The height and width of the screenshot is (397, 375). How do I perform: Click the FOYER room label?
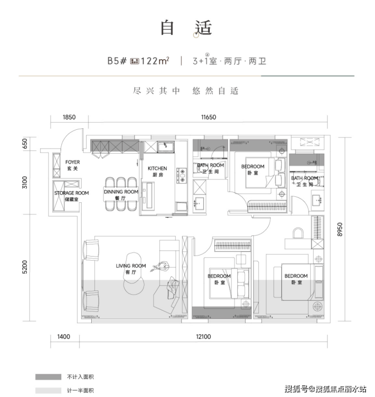[x=72, y=162]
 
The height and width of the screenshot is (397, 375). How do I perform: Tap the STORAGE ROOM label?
[x=71, y=193]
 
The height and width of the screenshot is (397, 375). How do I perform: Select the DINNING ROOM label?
[x=121, y=192]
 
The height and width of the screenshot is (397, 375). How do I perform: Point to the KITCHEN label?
[x=157, y=168]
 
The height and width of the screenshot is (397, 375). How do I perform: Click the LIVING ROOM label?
[x=131, y=266]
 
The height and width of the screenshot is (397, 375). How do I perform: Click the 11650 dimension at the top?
[x=208, y=117]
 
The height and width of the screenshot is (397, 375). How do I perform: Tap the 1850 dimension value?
[x=69, y=117]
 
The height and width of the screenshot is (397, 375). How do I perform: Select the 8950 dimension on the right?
[x=340, y=229]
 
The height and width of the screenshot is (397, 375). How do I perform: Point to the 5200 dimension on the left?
[x=24, y=267]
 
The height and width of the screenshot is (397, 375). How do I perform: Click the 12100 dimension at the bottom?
[x=203, y=337]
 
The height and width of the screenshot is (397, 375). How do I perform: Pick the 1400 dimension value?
[x=63, y=337]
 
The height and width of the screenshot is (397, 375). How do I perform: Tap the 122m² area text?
[x=155, y=61]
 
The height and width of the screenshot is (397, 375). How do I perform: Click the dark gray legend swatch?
[x=48, y=377]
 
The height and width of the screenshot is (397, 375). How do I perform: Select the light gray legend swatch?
[x=48, y=390]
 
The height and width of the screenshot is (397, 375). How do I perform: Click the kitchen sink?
[x=166, y=147]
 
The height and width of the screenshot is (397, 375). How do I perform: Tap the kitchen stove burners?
[x=182, y=175]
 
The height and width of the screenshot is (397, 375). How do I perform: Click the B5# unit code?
[x=117, y=61]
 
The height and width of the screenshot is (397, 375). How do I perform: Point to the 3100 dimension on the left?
[x=24, y=183]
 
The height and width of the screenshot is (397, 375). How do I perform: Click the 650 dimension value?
[x=24, y=144]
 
